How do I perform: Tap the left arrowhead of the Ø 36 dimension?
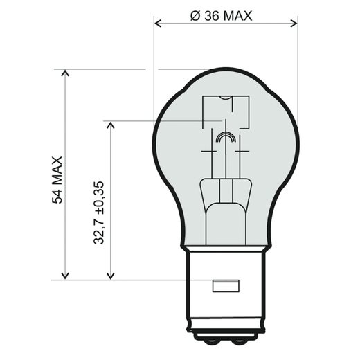coord(159,24)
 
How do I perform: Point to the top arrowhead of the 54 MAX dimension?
coord(66,73)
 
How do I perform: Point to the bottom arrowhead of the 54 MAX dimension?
coord(66,275)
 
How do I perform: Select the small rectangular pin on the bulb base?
coord(225,284)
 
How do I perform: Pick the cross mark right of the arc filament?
coord(240,150)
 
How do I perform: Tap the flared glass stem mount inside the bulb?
coord(225,197)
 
